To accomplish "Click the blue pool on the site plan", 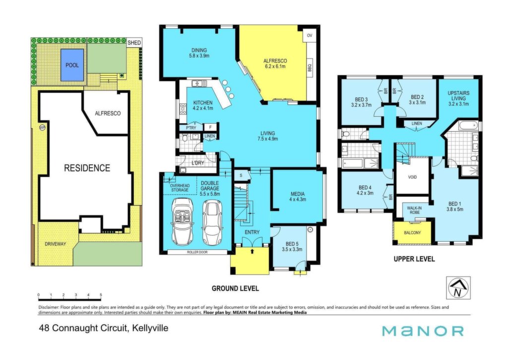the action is point(72,65).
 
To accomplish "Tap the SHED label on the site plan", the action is point(134,43).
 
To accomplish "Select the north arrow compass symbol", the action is point(458,288).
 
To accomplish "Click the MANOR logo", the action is point(423,331).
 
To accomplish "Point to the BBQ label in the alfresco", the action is point(310,68).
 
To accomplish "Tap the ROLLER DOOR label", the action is point(197,252).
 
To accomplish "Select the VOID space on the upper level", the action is point(412,177).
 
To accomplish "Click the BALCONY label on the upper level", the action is point(412,232).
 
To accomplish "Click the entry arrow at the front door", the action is point(253,251).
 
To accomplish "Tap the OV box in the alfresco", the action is point(310,35).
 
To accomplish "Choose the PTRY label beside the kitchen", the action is point(191,128).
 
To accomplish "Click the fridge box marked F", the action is point(210,128).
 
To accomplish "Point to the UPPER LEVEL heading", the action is point(414,259).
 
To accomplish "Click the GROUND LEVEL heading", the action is point(235,288).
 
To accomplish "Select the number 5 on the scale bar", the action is point(101,295).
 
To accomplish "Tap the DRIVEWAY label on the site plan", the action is point(56,244).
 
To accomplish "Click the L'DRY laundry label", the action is point(197,163).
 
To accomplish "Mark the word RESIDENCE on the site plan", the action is point(87,168).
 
